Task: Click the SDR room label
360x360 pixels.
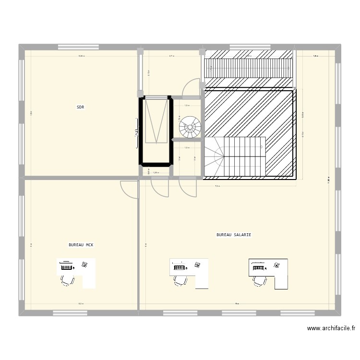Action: [x=80, y=108]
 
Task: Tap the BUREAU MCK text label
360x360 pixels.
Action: [x=81, y=245]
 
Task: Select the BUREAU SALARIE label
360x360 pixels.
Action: [x=234, y=235]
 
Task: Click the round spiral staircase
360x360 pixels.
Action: [x=190, y=127]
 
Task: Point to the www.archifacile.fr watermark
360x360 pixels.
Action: [x=331, y=329]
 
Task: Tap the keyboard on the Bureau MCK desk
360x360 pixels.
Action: [x=66, y=267]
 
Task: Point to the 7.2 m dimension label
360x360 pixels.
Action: [x=217, y=186]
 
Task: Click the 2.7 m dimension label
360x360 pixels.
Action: [x=171, y=56]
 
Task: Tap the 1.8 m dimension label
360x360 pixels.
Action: [x=315, y=56]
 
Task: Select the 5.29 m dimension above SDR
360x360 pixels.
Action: [x=82, y=56]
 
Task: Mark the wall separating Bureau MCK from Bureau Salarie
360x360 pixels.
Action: [x=138, y=245]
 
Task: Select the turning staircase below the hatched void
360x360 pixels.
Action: [x=235, y=156]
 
